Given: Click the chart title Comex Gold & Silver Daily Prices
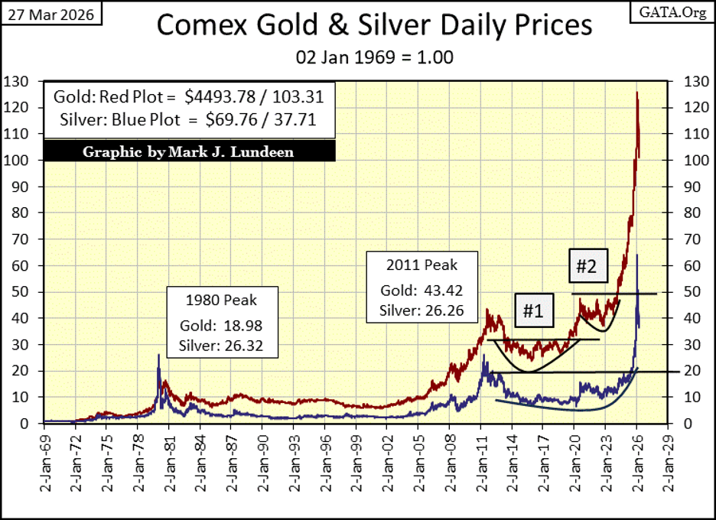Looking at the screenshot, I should tap(374, 25).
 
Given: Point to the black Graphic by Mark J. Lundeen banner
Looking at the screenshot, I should tap(188, 151).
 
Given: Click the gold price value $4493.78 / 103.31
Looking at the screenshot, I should tap(260, 97).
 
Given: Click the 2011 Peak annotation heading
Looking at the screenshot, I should tap(422, 265).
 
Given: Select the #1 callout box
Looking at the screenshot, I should tap(533, 312).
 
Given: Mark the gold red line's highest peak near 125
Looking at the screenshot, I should tap(636, 93).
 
